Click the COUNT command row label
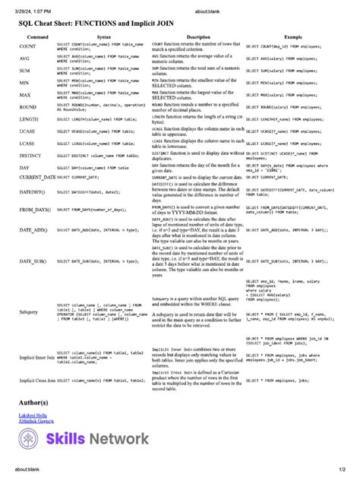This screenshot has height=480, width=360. click(x=28, y=47)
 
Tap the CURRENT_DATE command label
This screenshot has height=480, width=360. click(x=37, y=176)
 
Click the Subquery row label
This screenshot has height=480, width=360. click(x=29, y=311)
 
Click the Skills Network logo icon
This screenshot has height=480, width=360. click(x=32, y=439)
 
